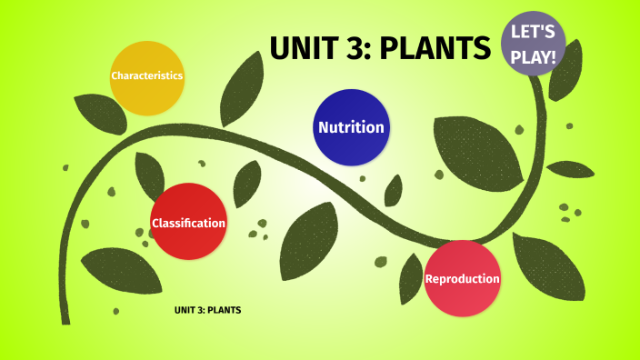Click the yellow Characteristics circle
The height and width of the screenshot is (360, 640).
coord(147,77)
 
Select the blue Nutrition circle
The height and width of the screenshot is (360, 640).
coord(351,127)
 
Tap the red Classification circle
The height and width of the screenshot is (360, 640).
coord(188,221)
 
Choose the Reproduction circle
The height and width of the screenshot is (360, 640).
coord(462,278)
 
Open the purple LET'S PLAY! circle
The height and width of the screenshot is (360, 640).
coord(534,45)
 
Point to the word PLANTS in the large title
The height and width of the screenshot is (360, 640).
coord(435,48)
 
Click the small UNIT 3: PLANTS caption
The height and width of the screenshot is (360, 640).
coord(207,310)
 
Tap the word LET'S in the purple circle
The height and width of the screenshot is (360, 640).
coord(534,33)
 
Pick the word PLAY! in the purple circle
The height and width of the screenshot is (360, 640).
coord(534,56)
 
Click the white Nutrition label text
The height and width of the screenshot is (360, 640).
coord(351,127)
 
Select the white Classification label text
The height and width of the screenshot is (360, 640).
coord(188,223)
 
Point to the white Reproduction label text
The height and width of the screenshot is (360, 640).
coord(462,278)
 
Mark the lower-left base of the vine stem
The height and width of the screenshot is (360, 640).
coord(64,314)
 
